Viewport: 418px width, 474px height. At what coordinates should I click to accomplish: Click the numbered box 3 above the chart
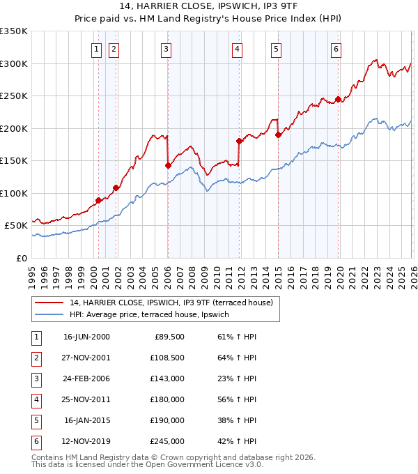(167, 49)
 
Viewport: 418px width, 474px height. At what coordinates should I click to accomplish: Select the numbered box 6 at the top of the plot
(336, 49)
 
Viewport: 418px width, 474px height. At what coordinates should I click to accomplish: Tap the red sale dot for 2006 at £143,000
(168, 165)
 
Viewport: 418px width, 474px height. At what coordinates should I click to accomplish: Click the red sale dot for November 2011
(239, 141)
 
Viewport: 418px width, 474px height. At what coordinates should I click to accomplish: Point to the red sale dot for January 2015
(278, 135)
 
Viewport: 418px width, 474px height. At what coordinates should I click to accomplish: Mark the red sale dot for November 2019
(338, 99)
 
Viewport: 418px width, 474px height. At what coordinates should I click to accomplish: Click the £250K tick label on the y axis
(14, 96)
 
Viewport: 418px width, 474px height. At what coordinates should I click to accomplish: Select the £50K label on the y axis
(16, 226)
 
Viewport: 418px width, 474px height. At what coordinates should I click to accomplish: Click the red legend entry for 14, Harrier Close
(173, 303)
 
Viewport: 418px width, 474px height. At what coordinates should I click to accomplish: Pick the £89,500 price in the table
(169, 337)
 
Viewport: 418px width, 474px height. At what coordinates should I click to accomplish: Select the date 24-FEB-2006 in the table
(86, 379)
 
